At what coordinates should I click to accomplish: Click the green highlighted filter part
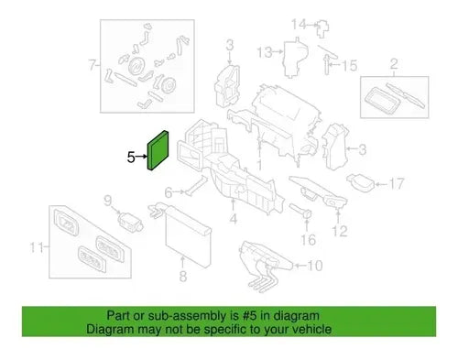tap(158, 150)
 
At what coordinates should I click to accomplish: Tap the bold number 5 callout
tap(131, 158)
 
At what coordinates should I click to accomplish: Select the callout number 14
tap(299, 24)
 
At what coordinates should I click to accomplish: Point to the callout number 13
tap(265, 52)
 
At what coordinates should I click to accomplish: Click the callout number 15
tap(349, 66)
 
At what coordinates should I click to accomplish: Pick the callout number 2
tap(394, 64)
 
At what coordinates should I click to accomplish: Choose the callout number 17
tap(397, 184)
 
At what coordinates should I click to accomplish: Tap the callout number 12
tap(340, 231)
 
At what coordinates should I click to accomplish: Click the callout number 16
tap(308, 240)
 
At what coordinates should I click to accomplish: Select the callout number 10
tap(315, 266)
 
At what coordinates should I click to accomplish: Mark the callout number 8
tap(182, 277)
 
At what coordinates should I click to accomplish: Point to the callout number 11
tap(37, 247)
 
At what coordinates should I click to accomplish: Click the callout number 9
tap(108, 201)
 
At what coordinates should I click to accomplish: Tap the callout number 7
tap(93, 65)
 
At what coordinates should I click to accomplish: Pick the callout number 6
tap(169, 192)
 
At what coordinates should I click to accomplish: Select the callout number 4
tap(234, 219)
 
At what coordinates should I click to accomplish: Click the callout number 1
tap(259, 165)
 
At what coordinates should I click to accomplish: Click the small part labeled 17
tap(361, 181)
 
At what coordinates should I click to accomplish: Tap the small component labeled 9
tap(130, 221)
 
